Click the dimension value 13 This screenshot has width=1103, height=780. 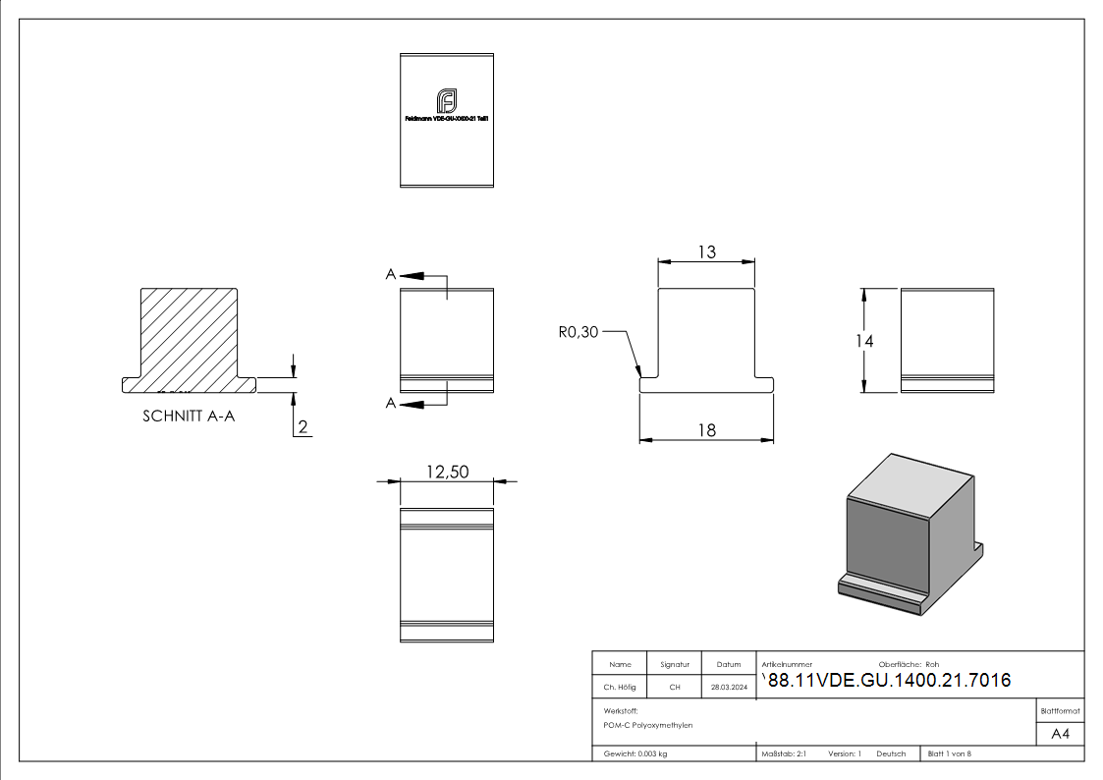tap(706, 252)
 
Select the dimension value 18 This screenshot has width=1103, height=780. tap(706, 429)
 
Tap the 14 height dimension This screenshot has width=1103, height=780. tap(864, 341)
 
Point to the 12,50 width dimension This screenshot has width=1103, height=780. tap(447, 473)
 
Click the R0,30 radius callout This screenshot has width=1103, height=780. tap(578, 333)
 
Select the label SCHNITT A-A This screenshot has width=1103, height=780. tap(189, 416)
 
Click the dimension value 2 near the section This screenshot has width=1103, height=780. tap(303, 426)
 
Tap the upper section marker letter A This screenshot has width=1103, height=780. tap(391, 275)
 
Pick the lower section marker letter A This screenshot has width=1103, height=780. tap(391, 403)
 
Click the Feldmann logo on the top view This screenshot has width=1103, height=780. tap(447, 100)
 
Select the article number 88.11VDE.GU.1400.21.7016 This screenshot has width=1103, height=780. tap(888, 681)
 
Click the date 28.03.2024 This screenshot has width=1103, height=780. tap(729, 688)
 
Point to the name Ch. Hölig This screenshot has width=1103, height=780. tap(619, 688)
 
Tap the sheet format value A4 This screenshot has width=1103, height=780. tap(1061, 734)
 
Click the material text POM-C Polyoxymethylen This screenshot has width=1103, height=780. tap(648, 725)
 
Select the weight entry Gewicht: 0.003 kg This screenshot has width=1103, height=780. tap(635, 754)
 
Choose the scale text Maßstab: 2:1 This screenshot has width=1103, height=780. tap(784, 754)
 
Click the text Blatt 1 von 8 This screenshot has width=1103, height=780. tap(949, 754)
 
